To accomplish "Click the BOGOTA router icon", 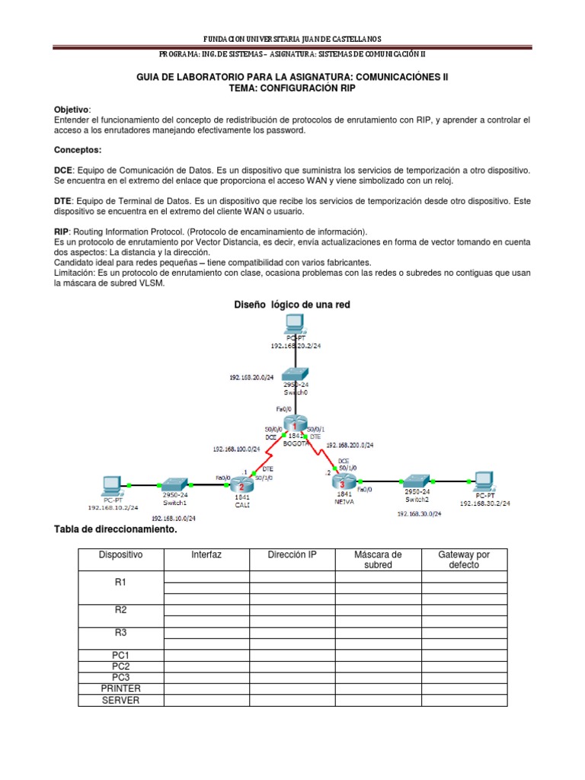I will tap(293, 425).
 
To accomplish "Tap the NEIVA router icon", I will tap(343, 482).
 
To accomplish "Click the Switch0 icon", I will tap(293, 373).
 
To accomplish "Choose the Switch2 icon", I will tap(417, 481).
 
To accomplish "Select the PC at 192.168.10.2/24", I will tap(111, 484).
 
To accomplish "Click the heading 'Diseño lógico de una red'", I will tap(292, 305).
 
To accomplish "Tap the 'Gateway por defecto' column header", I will tap(464, 560).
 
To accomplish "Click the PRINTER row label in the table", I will tap(120, 688).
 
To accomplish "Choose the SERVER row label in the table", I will tap(120, 699).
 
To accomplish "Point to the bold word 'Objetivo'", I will tap(72, 109).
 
